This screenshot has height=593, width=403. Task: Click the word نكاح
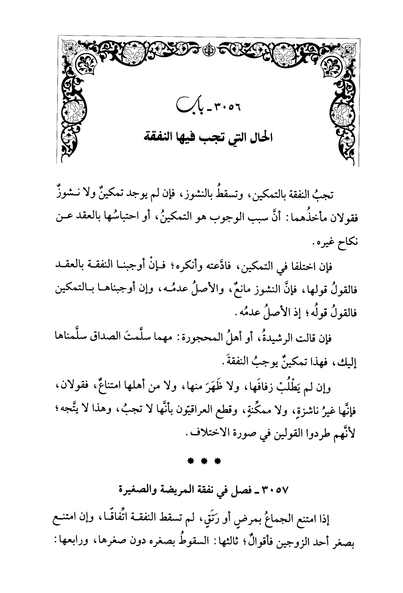point(347,243)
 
